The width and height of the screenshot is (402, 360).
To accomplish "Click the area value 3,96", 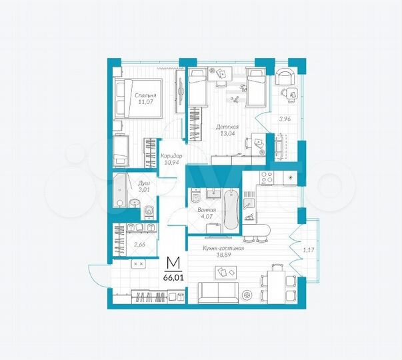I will coord(285,119).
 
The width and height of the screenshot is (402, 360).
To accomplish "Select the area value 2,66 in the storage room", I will coord(140,244).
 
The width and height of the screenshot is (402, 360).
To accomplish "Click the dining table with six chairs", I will coord(275,284).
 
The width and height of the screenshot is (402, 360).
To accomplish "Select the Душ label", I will coord(143,183).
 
